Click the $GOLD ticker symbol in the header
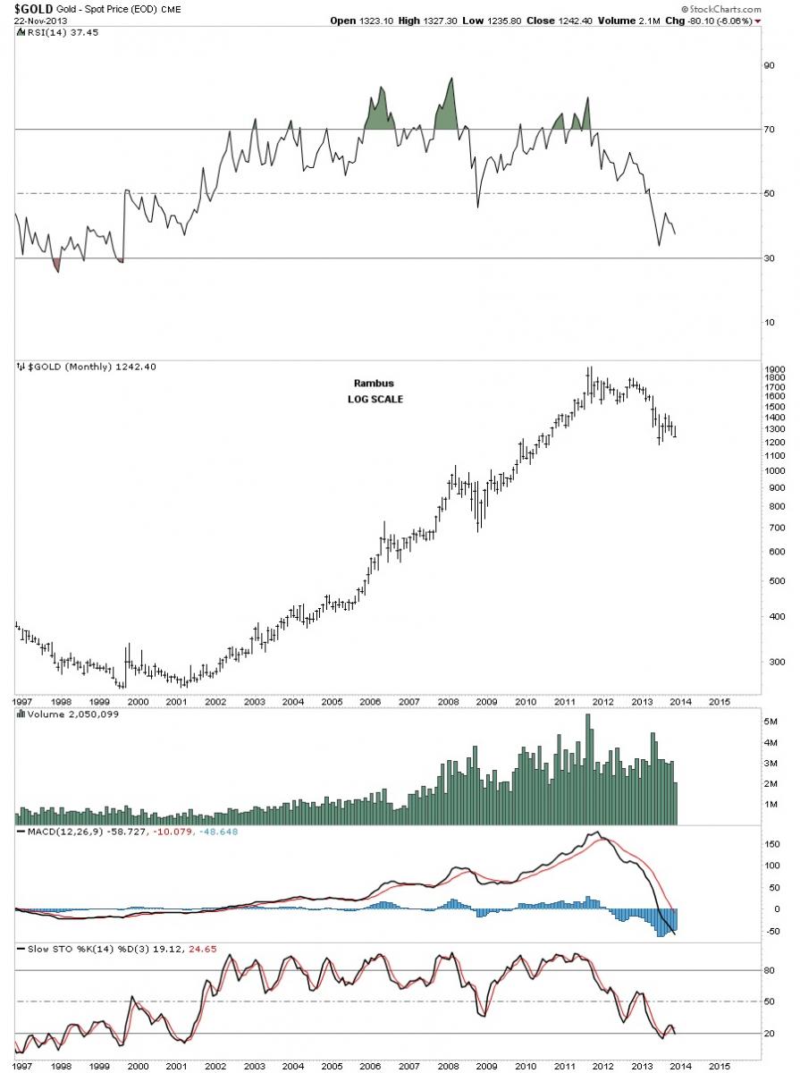pyautogui.click(x=26, y=7)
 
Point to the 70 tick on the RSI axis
pyautogui.click(x=766, y=130)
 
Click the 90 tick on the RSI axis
pyautogui.click(x=766, y=65)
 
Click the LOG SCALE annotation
pyautogui.click(x=375, y=399)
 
